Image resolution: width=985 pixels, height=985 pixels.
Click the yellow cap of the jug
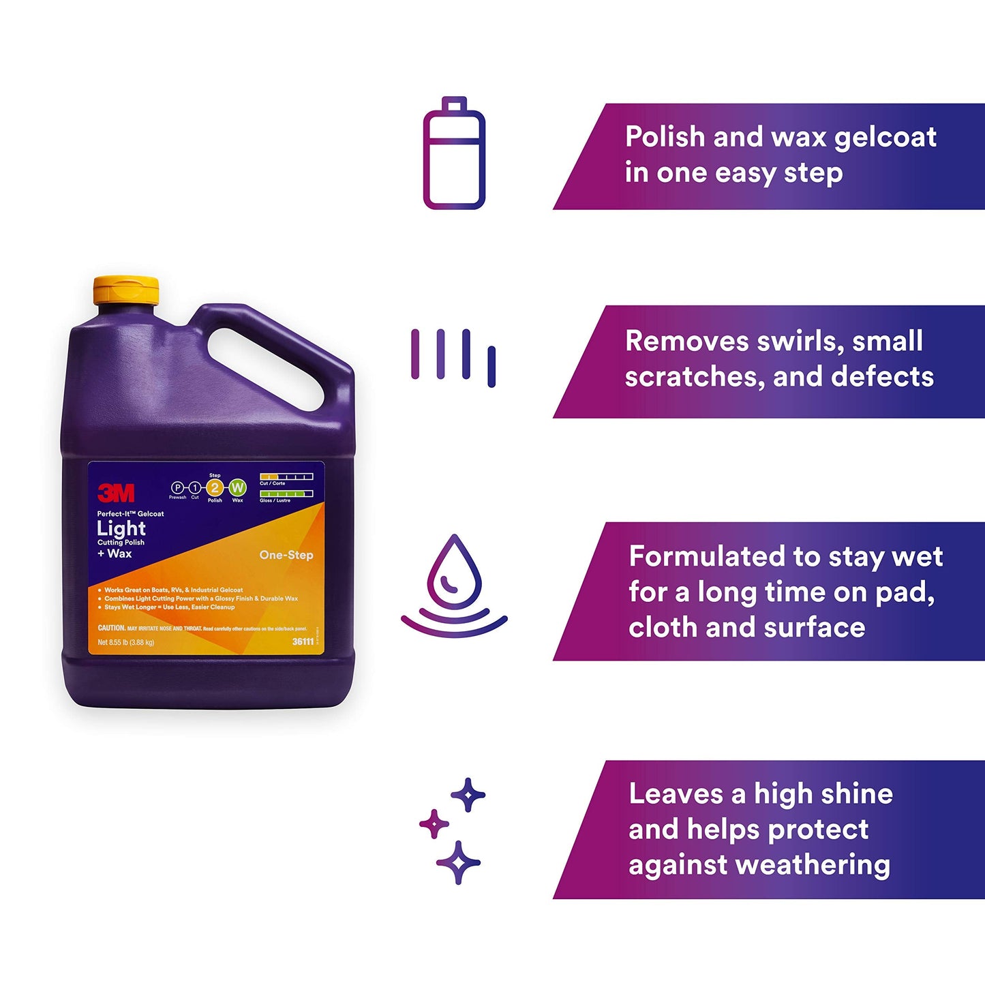126,290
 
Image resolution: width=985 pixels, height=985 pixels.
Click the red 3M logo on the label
116,492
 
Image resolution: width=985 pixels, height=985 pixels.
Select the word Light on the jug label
121,528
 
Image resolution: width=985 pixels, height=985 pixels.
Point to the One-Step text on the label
286,555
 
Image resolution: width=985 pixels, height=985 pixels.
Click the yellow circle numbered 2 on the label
215,487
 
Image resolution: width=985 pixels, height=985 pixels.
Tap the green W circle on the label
237,487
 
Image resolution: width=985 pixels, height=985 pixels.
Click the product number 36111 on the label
303,641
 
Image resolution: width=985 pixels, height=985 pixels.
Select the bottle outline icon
454,153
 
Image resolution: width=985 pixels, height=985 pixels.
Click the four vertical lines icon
453,357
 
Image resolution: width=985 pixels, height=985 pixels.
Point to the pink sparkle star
434,824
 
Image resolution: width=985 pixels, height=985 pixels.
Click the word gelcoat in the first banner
885,137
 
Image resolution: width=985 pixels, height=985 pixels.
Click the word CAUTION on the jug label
112,628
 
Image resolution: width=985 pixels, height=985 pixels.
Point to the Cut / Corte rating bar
286,476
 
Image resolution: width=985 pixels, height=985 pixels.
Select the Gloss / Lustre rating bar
286,494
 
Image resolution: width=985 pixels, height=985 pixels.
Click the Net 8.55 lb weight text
126,642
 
